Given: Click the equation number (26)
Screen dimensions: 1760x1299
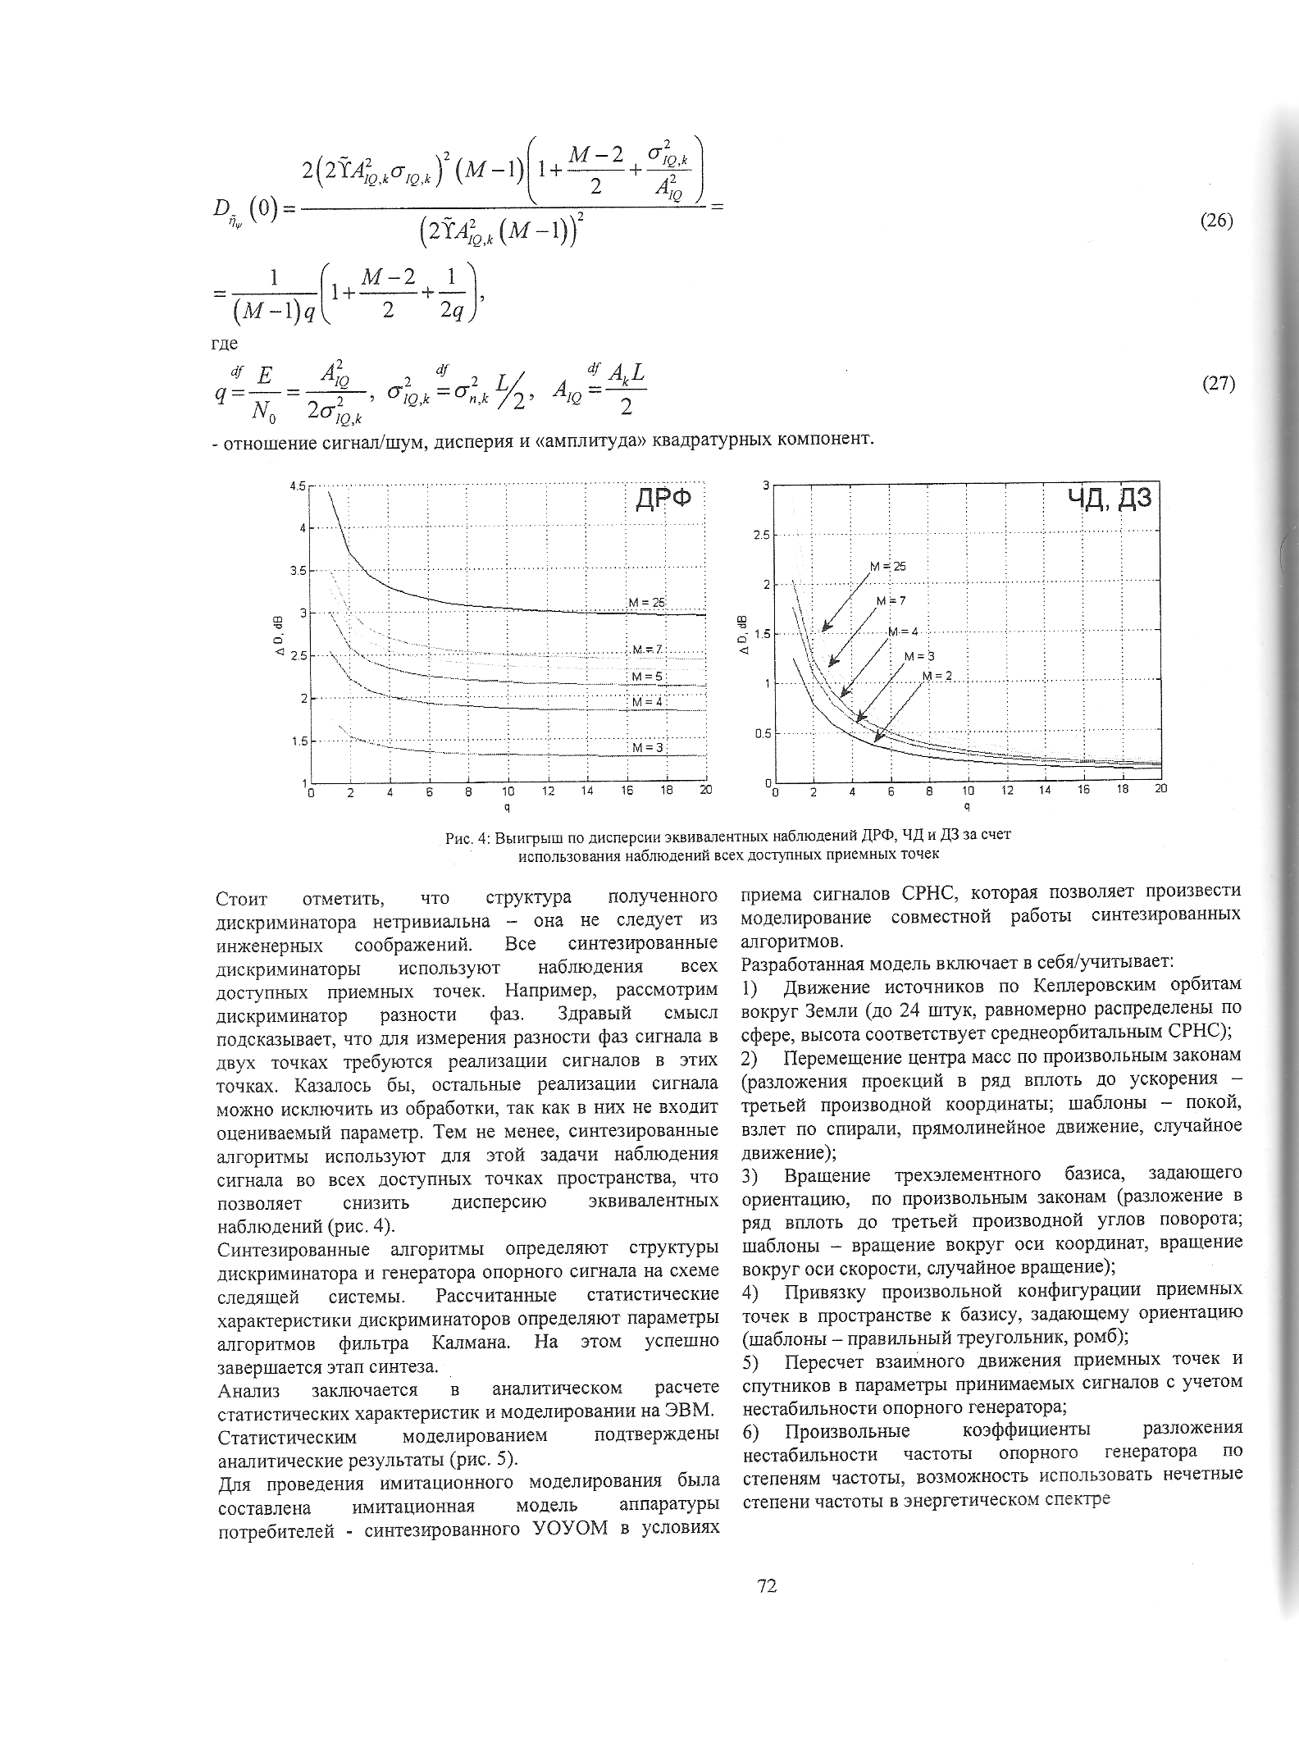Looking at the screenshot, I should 1217,221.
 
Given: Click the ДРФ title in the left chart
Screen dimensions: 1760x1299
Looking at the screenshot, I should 663,499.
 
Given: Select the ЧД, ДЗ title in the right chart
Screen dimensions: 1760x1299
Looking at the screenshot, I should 1110,498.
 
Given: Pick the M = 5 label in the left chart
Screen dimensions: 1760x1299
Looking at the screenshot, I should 646,676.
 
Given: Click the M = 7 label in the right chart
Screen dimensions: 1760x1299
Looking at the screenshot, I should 891,600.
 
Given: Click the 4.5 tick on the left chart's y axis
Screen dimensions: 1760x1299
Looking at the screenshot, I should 297,486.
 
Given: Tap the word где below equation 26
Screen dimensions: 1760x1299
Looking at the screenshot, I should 225,343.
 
